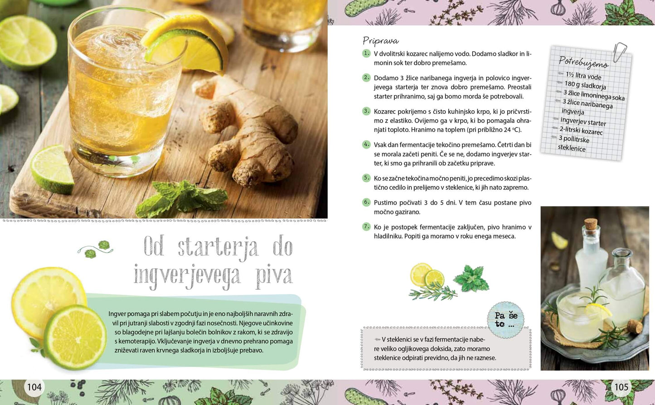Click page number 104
[x=34, y=387]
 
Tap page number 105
[x=621, y=387]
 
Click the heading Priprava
[x=380, y=41]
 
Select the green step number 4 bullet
[x=366, y=144]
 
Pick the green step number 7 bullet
[x=366, y=226]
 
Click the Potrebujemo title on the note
[x=584, y=62]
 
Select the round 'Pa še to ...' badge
[x=505, y=320]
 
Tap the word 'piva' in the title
[x=274, y=275]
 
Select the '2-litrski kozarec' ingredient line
[x=581, y=131]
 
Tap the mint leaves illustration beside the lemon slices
[x=471, y=278]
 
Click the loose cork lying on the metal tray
[x=635, y=326]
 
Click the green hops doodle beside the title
[x=95, y=249]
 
